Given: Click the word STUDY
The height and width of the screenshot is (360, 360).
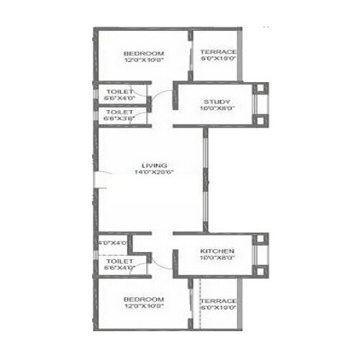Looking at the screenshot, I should point(216,101).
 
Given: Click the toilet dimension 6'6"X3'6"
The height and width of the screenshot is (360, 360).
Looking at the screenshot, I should point(120,120).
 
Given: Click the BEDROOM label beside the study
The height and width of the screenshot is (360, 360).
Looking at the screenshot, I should point(143,53).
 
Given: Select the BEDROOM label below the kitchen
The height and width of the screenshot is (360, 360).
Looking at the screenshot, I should point(143,298).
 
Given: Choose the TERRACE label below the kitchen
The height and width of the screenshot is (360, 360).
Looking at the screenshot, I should point(219,300).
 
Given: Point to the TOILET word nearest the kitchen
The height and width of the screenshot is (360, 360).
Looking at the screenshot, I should point(120,261).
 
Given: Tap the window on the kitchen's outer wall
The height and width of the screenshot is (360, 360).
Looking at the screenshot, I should point(259,257).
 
